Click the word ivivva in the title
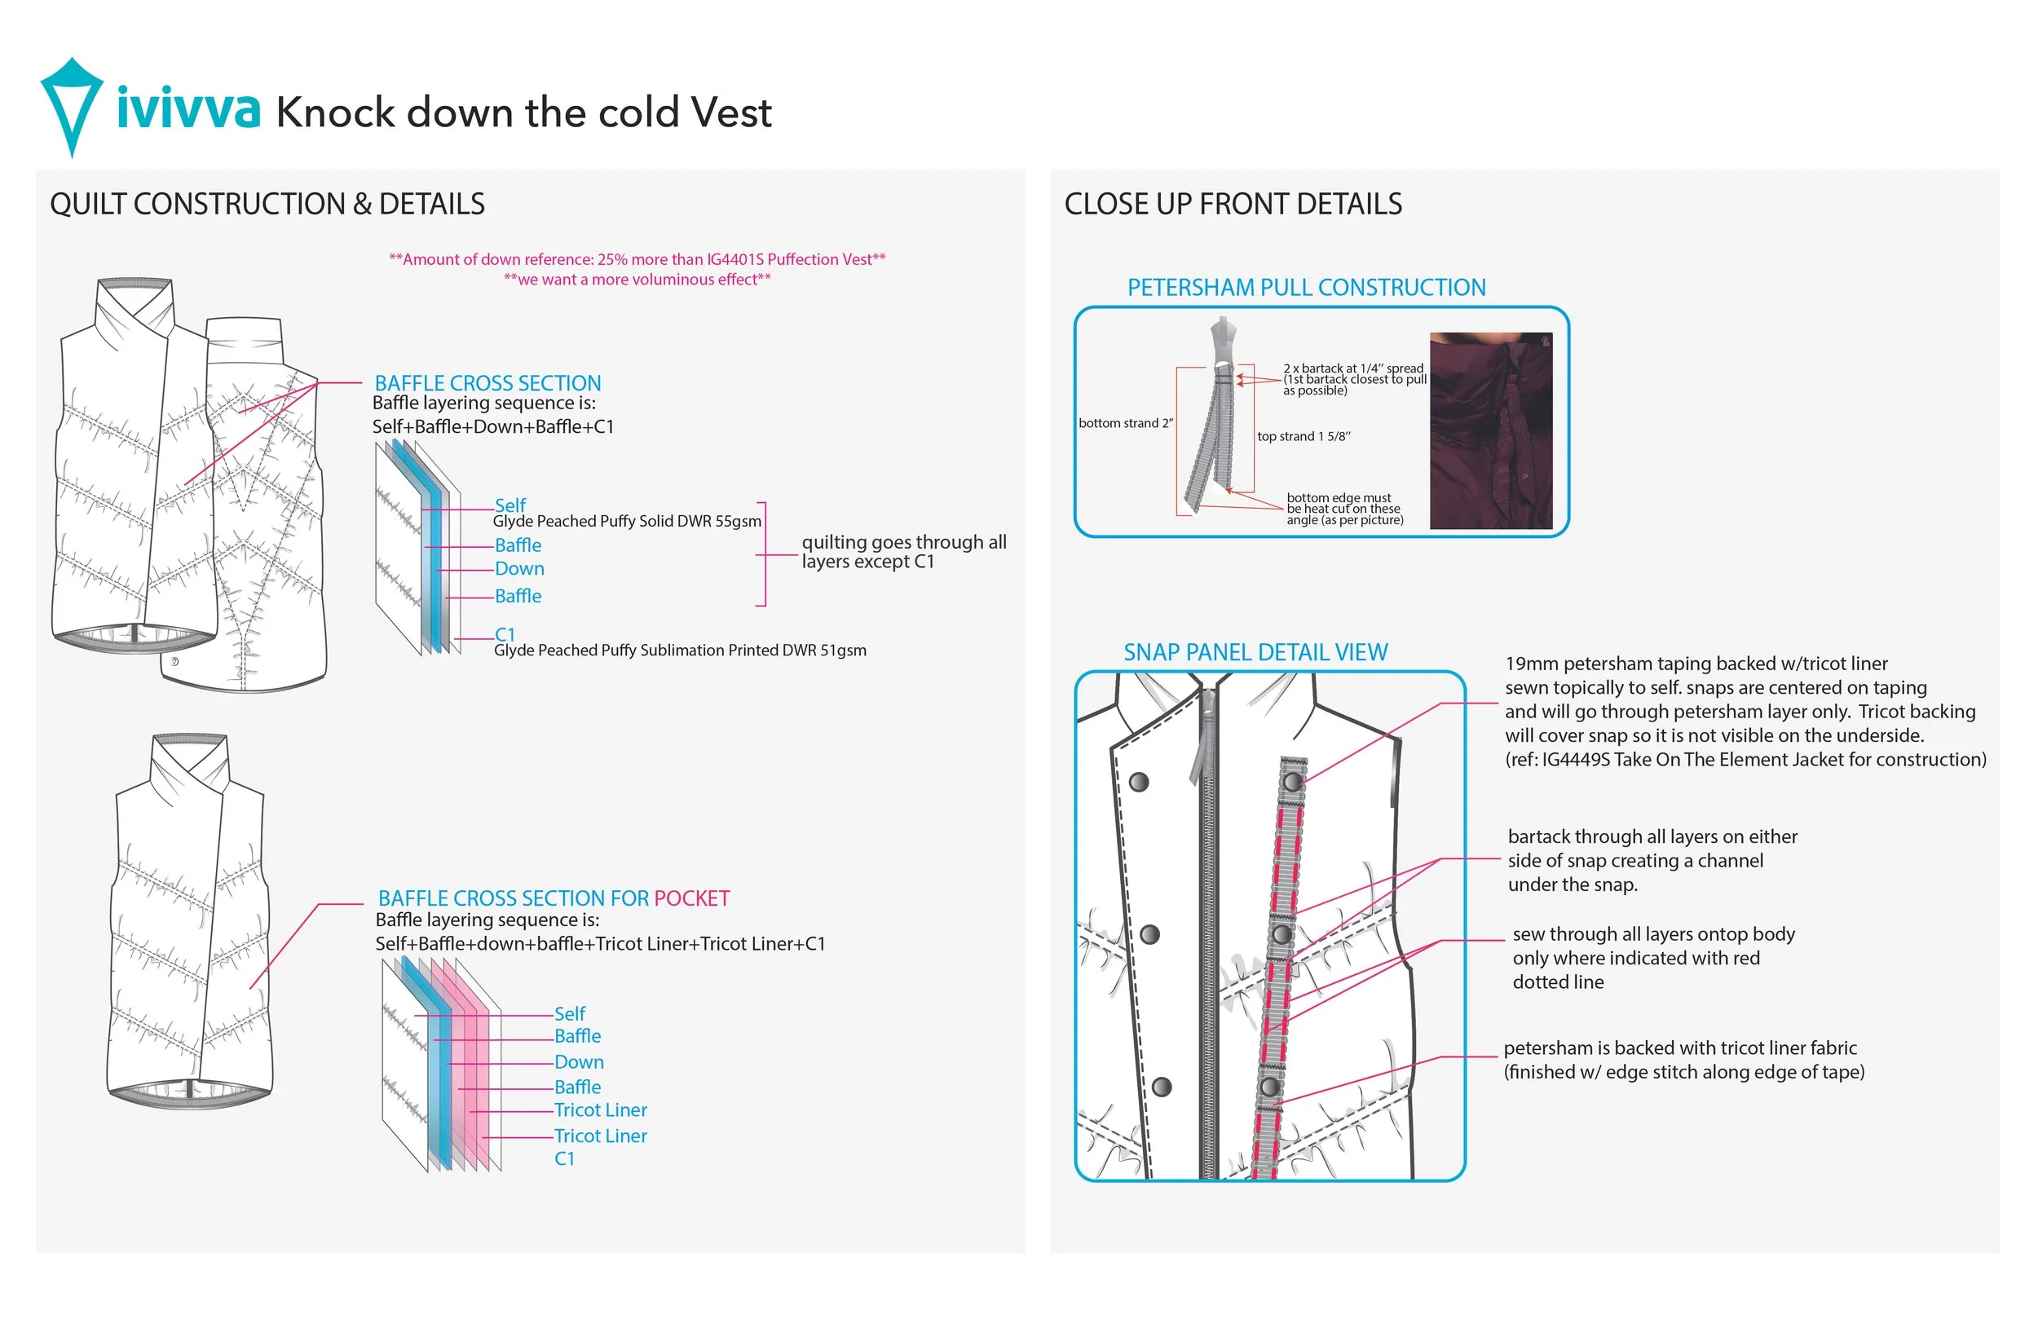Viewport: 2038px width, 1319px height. (187, 109)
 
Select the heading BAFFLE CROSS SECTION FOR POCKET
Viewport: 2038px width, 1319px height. (554, 898)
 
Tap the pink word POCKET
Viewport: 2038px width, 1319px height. (691, 898)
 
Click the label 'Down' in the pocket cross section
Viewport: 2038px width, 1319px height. (579, 1062)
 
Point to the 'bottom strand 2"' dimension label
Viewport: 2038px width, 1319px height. (1125, 423)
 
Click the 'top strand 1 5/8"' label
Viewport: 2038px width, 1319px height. (1304, 436)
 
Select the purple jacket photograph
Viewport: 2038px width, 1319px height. (1491, 430)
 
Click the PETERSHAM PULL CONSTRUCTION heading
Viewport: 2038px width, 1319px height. (1306, 288)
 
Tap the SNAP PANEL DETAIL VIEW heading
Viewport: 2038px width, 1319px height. (1255, 653)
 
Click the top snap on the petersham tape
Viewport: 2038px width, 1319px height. (1292, 781)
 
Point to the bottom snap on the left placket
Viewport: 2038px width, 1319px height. (1161, 1087)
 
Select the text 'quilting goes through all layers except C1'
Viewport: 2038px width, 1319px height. (903, 553)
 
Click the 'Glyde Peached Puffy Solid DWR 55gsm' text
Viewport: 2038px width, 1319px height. (627, 522)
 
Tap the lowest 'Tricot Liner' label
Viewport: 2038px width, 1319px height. (600, 1136)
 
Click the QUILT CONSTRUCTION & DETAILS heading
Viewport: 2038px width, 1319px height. (267, 204)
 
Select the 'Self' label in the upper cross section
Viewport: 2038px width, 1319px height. (510, 505)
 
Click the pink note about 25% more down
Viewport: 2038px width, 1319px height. (637, 259)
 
